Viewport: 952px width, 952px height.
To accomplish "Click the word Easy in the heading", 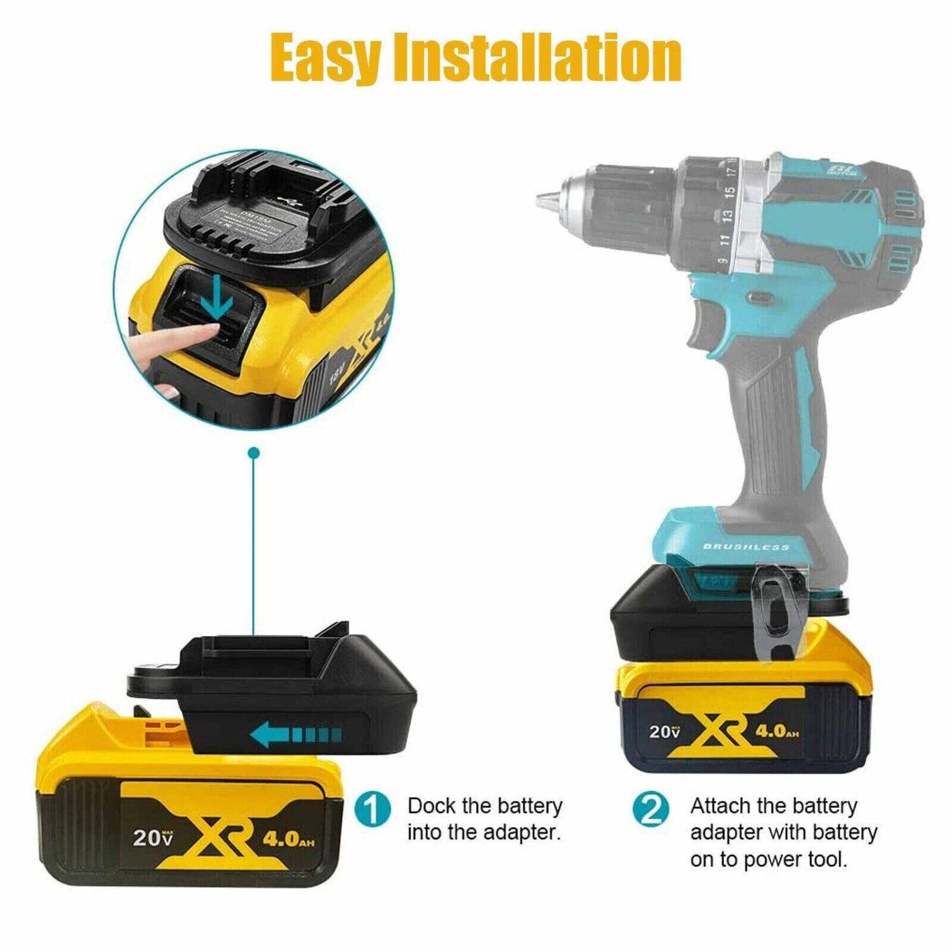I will click(x=326, y=58).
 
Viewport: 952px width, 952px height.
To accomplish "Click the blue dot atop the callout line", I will click(x=254, y=453).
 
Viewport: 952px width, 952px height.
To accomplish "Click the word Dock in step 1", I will click(x=431, y=806).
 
